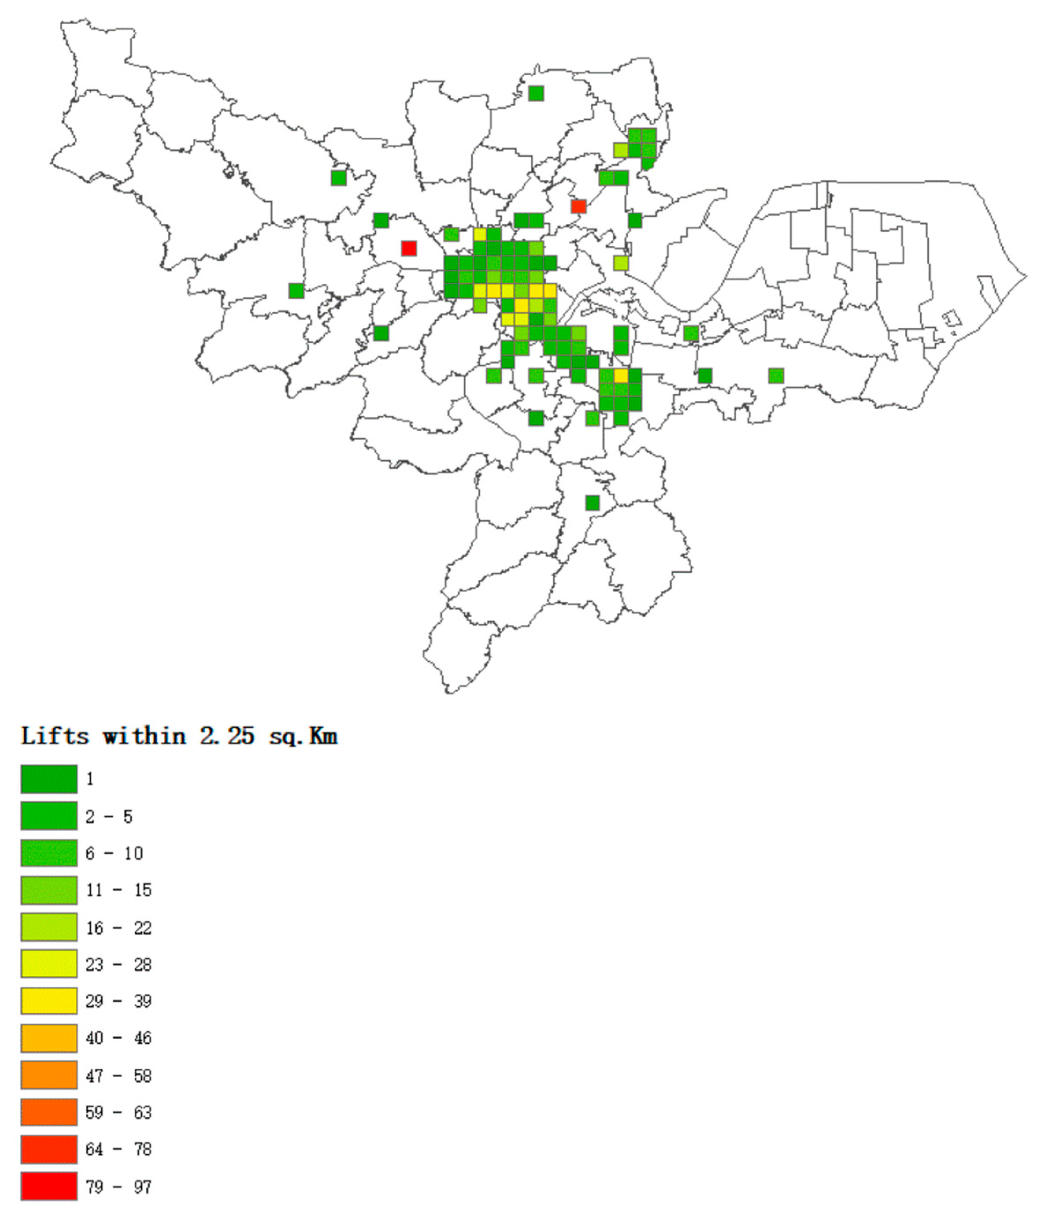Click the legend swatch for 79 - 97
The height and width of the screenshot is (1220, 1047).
pyautogui.click(x=49, y=1186)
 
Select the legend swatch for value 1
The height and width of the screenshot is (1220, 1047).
pyautogui.click(x=49, y=779)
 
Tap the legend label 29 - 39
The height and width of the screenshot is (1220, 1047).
pyautogui.click(x=118, y=1001)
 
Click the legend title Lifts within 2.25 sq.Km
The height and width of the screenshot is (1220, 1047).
pyautogui.click(x=179, y=736)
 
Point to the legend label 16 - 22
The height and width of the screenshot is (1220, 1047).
pyautogui.click(x=118, y=928)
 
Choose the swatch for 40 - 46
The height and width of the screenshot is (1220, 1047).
pyautogui.click(x=49, y=1037)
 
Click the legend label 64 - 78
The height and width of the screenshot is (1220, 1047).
pyautogui.click(x=118, y=1149)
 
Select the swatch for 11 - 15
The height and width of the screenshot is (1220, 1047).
pyautogui.click(x=49, y=890)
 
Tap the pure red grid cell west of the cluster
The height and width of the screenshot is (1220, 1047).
pyautogui.click(x=409, y=248)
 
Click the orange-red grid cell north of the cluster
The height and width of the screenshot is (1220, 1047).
pyautogui.click(x=578, y=206)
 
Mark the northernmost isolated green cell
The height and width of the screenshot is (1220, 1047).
pyautogui.click(x=536, y=93)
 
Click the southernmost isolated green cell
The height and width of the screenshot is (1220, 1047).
pyautogui.click(x=592, y=503)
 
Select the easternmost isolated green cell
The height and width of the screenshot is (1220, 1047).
pyautogui.click(x=776, y=376)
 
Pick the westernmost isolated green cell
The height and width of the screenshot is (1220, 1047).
pyautogui.click(x=296, y=291)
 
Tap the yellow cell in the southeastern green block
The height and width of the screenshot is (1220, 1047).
pyautogui.click(x=621, y=376)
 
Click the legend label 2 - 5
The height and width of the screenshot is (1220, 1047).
pyautogui.click(x=109, y=817)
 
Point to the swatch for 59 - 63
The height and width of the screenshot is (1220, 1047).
pyautogui.click(x=49, y=1112)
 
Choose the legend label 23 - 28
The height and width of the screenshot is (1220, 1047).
pyautogui.click(x=118, y=964)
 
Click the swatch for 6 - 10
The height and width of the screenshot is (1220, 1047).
pyautogui.click(x=49, y=853)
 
